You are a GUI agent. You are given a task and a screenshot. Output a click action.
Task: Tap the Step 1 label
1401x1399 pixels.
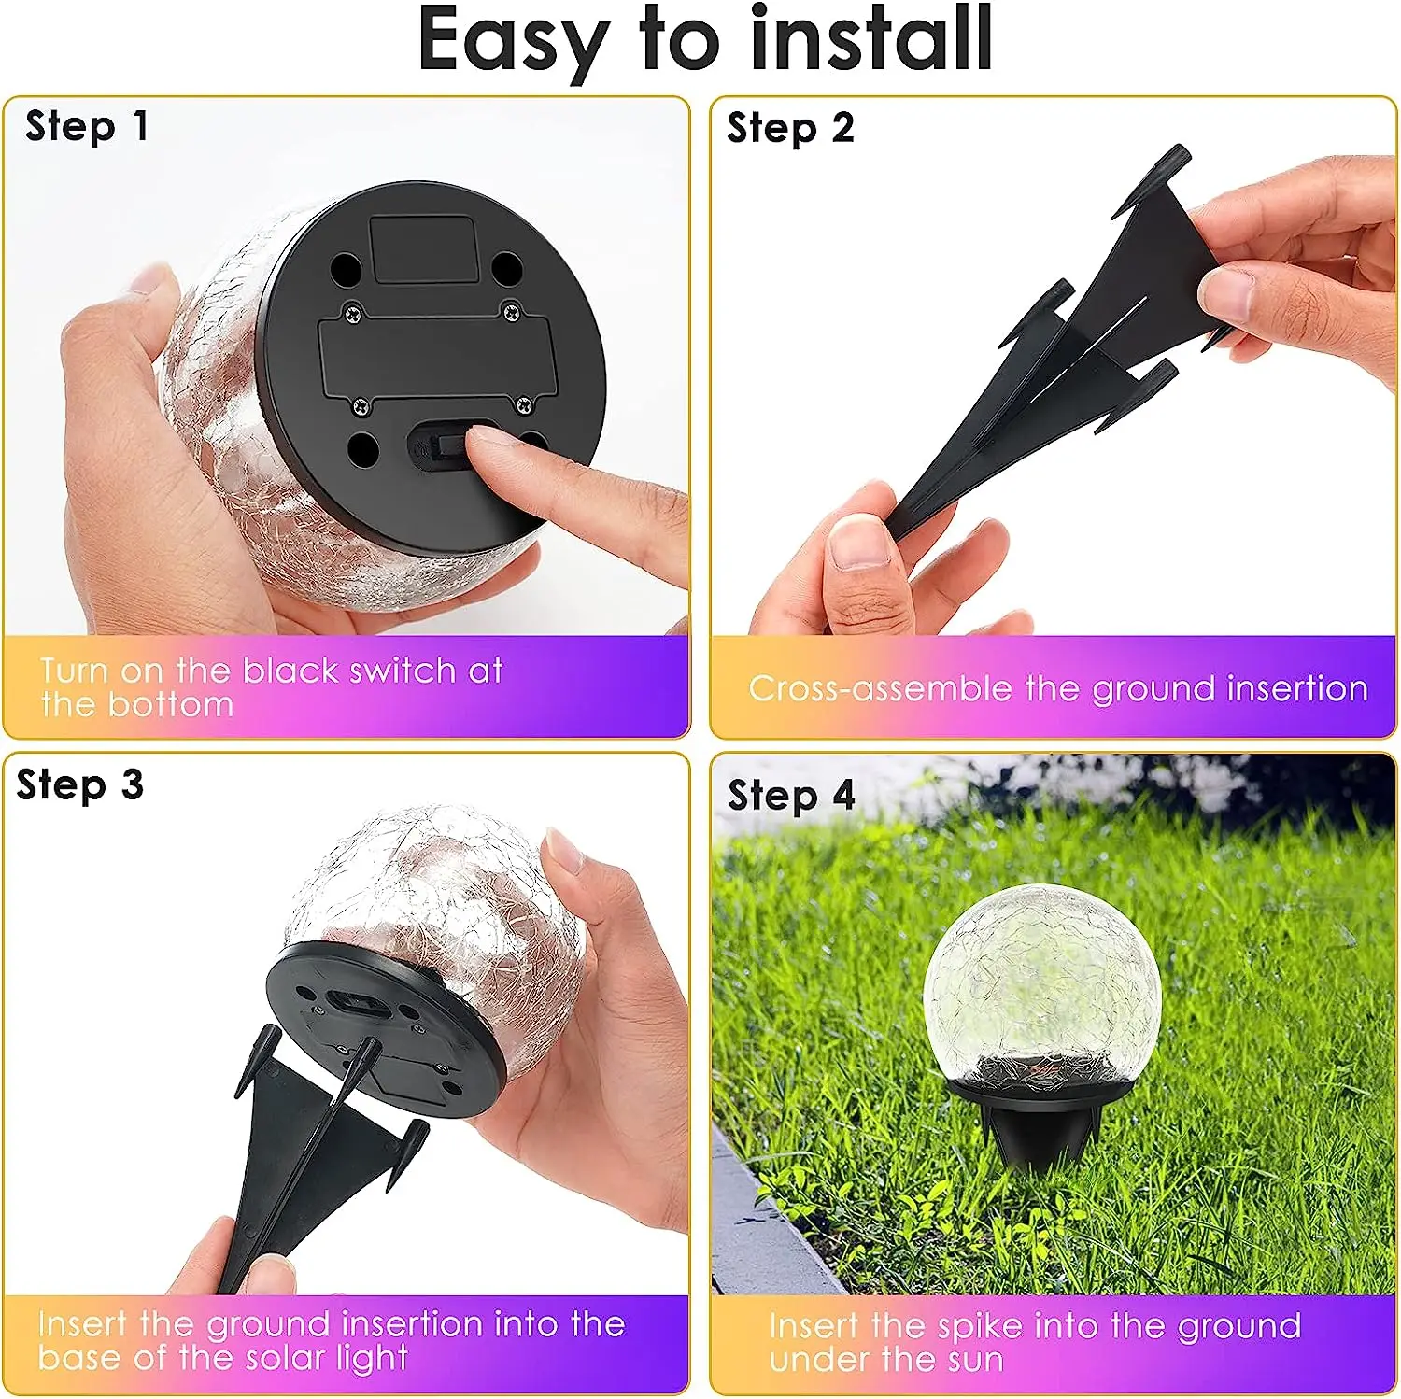[86, 126]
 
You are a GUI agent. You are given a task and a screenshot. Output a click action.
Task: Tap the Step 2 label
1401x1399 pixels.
[790, 128]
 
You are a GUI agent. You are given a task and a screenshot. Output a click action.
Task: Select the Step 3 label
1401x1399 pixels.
[79, 785]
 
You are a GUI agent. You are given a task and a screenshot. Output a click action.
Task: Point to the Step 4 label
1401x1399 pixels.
[791, 796]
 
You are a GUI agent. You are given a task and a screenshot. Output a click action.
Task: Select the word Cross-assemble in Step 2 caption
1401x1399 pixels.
[880, 689]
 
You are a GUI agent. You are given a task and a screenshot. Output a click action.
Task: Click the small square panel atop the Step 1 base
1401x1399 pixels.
[422, 247]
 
